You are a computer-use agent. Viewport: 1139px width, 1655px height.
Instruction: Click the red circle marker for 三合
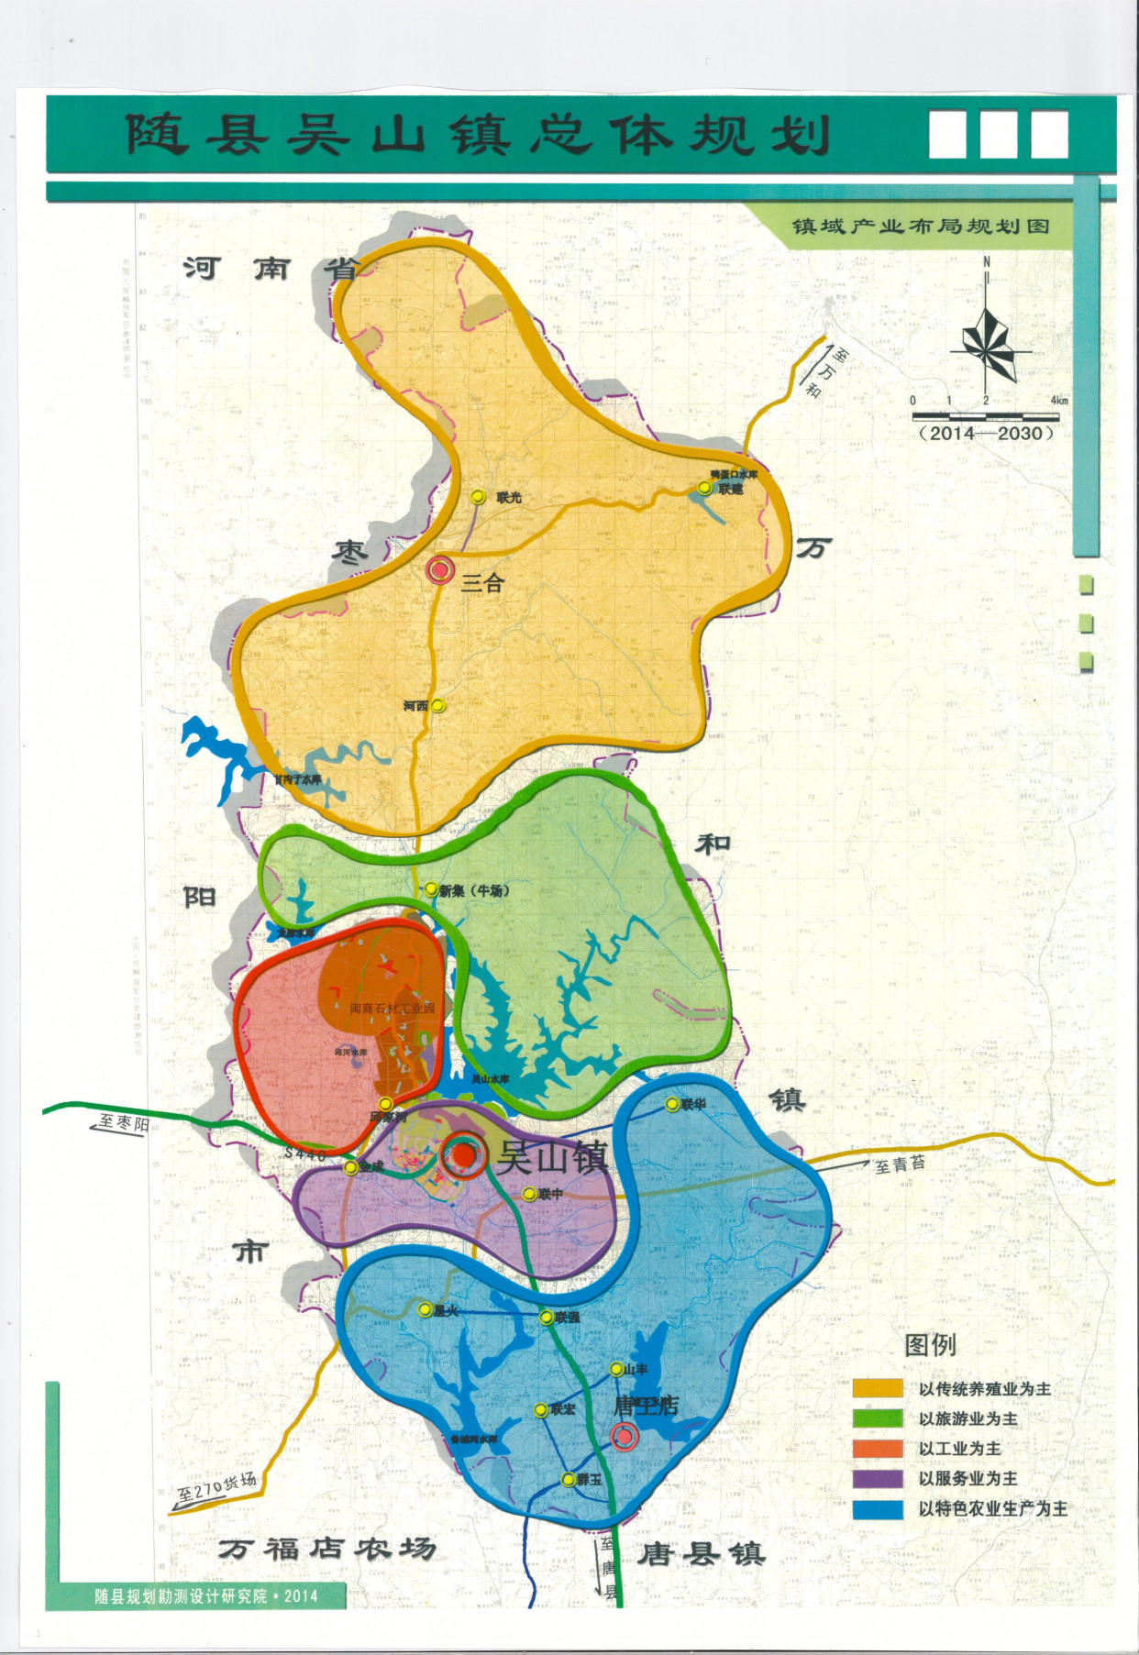(440, 570)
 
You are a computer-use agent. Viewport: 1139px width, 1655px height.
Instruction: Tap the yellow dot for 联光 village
(478, 497)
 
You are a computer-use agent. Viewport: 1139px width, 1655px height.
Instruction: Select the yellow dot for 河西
(438, 706)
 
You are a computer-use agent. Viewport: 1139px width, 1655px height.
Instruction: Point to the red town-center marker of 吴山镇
(464, 1156)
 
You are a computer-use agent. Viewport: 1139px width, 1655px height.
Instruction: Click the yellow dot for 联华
(671, 1105)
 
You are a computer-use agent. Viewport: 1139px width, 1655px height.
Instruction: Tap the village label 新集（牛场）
(474, 890)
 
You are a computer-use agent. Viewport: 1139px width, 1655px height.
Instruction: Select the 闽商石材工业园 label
(393, 1009)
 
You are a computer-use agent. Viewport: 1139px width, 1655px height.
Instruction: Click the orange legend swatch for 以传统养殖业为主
(878, 1388)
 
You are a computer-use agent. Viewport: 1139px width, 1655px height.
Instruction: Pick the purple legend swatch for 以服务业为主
(878, 1478)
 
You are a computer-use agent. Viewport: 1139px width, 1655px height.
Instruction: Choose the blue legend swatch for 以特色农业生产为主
(878, 1508)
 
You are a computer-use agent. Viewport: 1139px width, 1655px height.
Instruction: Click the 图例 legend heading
(930, 1344)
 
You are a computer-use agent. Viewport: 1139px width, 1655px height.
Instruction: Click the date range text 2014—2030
(987, 433)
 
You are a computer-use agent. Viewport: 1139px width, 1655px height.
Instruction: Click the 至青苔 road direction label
(900, 1164)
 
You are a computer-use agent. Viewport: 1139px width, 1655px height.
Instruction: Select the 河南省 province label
(272, 269)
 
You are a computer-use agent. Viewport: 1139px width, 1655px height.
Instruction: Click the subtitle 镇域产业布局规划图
(921, 226)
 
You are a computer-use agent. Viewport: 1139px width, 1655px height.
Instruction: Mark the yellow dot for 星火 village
(425, 1310)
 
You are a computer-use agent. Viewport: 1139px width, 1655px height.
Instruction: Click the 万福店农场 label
(326, 1550)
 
